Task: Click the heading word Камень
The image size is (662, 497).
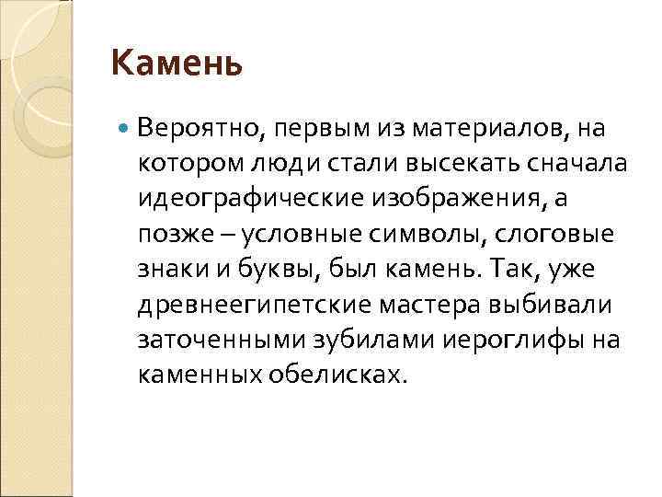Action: pyautogui.click(x=177, y=64)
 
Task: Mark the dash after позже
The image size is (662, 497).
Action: pyautogui.click(x=227, y=233)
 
